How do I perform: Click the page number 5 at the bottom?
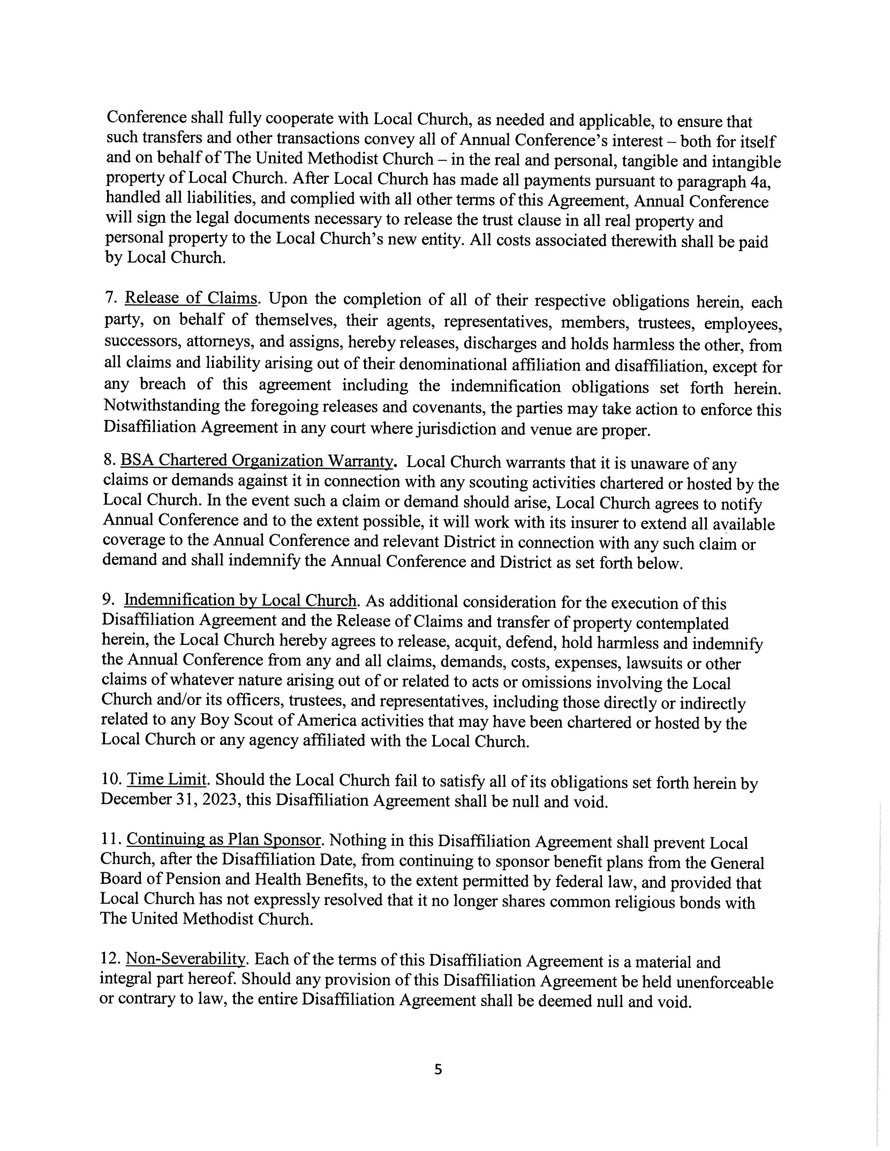[438, 1069]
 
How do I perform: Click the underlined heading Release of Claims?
[191, 298]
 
